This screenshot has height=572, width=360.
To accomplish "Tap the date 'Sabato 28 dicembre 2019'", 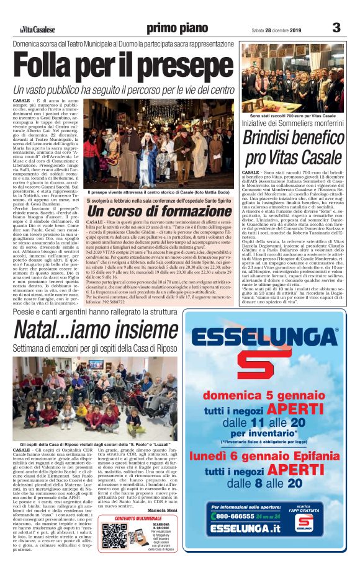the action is tap(275, 30).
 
